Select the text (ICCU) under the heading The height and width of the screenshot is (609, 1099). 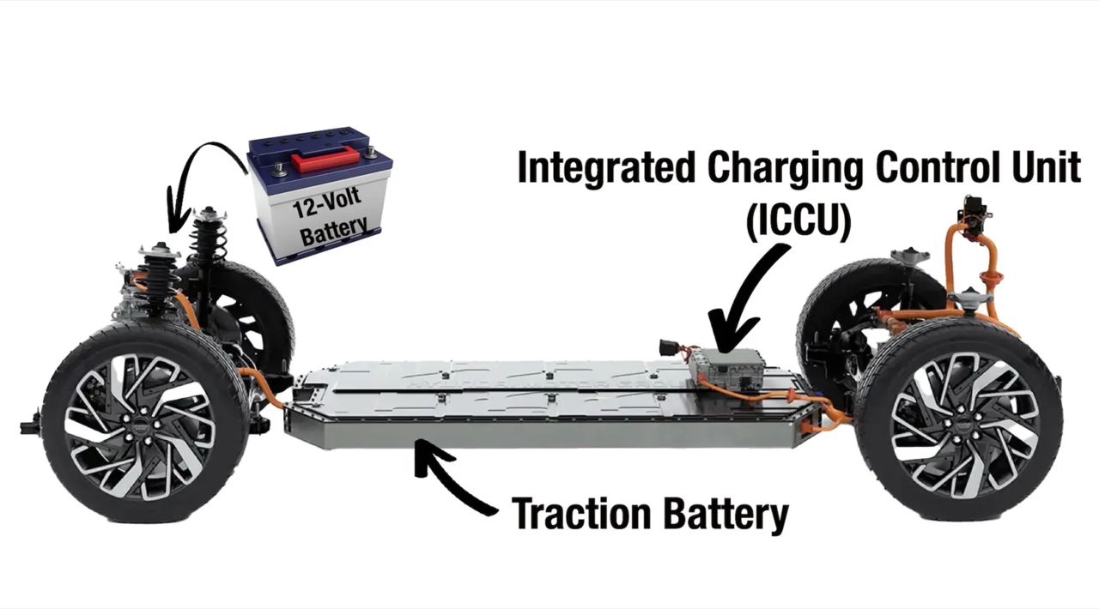[x=798, y=220]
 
